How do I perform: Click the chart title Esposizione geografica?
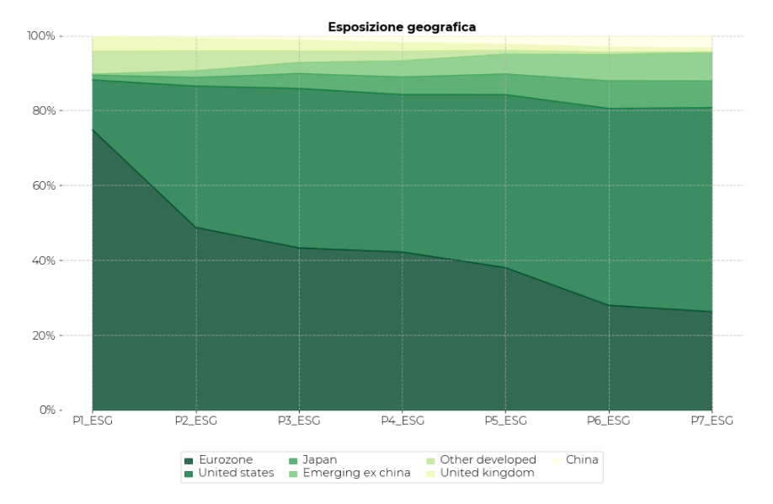[402, 27]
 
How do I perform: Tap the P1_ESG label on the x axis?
[92, 421]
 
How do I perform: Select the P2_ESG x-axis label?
[195, 421]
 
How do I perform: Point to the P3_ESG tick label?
[298, 421]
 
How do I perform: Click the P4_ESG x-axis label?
[402, 421]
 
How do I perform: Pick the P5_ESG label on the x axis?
[505, 421]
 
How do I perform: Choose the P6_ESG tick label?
[608, 421]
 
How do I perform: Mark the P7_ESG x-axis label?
[712, 421]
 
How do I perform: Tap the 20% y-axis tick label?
[44, 335]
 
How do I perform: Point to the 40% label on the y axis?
[44, 260]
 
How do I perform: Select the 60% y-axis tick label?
[44, 185]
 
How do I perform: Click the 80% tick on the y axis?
[44, 111]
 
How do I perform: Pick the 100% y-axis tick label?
[41, 36]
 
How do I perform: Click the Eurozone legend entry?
[223, 460]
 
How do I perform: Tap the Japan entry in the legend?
[318, 460]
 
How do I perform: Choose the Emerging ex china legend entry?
[356, 473]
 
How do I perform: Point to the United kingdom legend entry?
[488, 473]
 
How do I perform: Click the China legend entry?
[582, 460]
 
